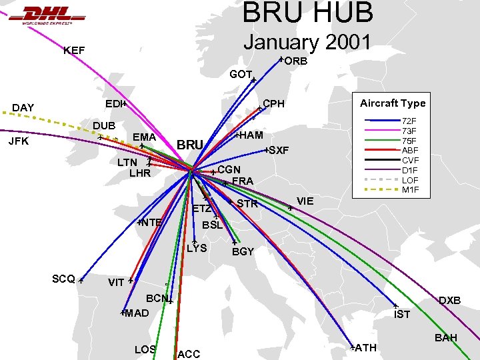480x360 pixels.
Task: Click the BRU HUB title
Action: point(308,13)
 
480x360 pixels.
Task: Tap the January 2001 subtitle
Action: point(307,41)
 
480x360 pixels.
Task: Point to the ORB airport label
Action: point(296,61)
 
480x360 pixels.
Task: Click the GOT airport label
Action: point(240,75)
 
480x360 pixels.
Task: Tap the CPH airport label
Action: point(273,104)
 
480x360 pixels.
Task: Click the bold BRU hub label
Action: point(191,145)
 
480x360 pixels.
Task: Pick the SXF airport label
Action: point(279,151)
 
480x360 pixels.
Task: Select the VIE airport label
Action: point(305,201)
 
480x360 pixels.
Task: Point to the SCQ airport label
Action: point(63,279)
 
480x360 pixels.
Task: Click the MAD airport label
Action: point(137,313)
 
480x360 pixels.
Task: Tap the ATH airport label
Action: point(366,348)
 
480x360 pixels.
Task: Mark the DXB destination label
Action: point(450,301)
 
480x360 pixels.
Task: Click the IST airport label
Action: point(402,315)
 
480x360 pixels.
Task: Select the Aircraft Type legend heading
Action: point(393,103)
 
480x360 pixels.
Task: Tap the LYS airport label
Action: point(197,249)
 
